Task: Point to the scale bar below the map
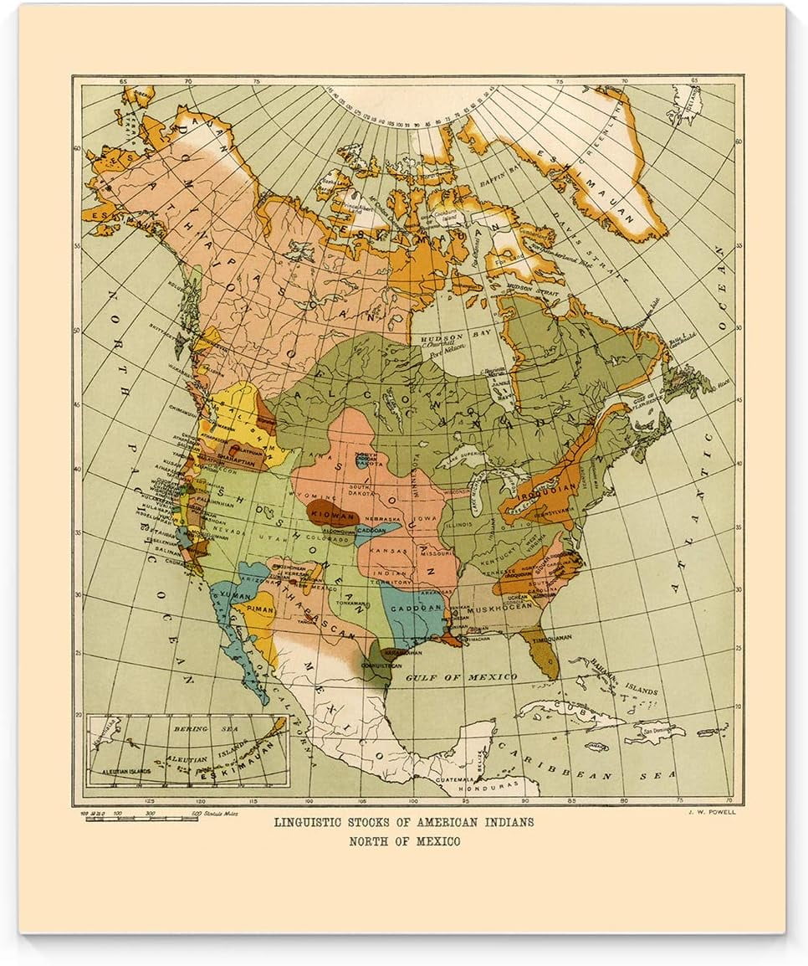click(x=142, y=817)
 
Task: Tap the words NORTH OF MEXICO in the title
click(x=404, y=841)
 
